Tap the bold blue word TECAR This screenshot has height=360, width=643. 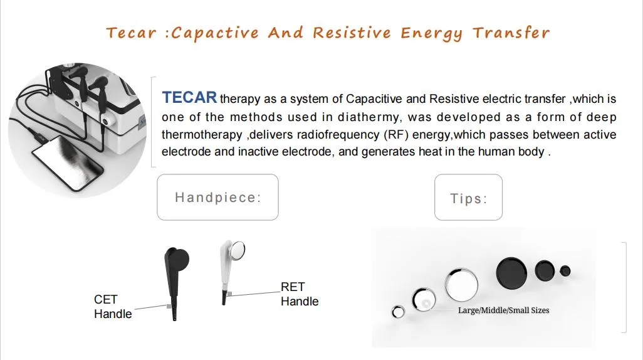click(x=189, y=98)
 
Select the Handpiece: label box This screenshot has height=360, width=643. click(x=217, y=198)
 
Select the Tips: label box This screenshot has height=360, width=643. click(x=468, y=198)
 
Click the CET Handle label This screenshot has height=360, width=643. click(x=113, y=307)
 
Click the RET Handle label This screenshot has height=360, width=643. click(x=299, y=294)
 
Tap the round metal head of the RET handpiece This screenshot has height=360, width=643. click(x=237, y=251)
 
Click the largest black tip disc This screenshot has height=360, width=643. click(x=512, y=272)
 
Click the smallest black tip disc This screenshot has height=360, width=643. click(x=565, y=271)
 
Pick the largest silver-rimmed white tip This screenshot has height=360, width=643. click(x=461, y=285)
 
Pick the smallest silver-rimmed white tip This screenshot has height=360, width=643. click(x=398, y=312)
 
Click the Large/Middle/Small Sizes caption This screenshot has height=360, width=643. click(x=503, y=310)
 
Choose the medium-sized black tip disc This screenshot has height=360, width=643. click(x=545, y=271)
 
